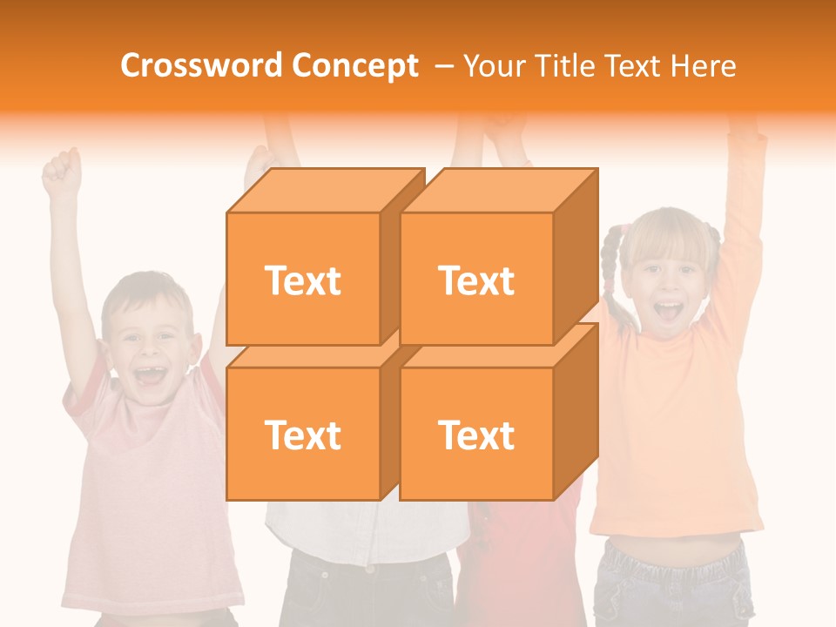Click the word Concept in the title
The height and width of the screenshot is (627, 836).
click(354, 66)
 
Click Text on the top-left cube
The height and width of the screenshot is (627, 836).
click(302, 280)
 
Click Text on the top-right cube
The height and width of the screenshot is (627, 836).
click(476, 280)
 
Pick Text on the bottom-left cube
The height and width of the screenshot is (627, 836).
click(302, 435)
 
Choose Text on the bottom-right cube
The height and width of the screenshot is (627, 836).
click(476, 435)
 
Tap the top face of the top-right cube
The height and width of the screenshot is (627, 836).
click(498, 191)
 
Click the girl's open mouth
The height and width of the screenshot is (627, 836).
click(668, 312)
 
